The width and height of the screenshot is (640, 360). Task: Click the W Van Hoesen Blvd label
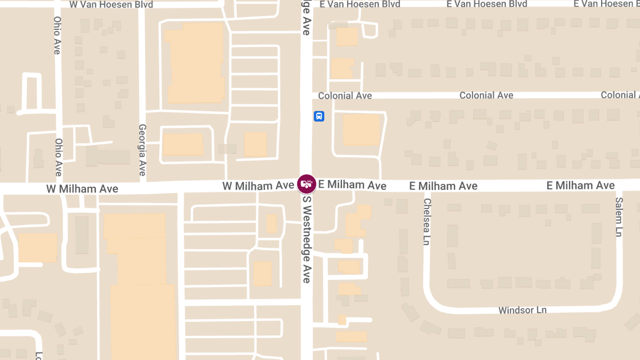coord(111,4)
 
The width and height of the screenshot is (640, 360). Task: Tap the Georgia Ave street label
coord(142,150)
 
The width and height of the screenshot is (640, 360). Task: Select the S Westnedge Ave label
coord(307,238)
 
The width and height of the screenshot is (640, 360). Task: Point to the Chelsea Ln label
coord(427,222)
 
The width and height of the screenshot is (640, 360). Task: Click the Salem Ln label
coord(619,217)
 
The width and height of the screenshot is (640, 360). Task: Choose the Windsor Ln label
coord(522,310)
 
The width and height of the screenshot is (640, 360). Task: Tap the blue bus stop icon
coord(319,116)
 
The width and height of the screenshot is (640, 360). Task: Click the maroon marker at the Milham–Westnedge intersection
coord(307,184)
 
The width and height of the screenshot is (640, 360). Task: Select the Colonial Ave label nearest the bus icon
coord(345,95)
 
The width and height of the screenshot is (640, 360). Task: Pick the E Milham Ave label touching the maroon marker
coord(352,185)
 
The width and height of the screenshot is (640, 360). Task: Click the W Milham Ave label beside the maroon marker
coord(258,186)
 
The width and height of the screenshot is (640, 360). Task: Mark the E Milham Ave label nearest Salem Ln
coord(580,185)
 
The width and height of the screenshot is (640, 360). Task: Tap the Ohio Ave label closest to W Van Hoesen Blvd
coord(57,35)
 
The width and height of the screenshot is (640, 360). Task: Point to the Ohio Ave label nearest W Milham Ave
coord(58,157)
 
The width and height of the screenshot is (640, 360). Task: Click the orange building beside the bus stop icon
coord(361,130)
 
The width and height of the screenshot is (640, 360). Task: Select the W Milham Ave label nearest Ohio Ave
coord(82,188)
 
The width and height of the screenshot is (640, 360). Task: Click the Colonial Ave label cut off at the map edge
coord(620,95)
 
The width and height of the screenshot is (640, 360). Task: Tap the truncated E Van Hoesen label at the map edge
coord(606,4)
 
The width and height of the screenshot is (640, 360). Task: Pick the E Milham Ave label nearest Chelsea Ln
coord(443,186)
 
